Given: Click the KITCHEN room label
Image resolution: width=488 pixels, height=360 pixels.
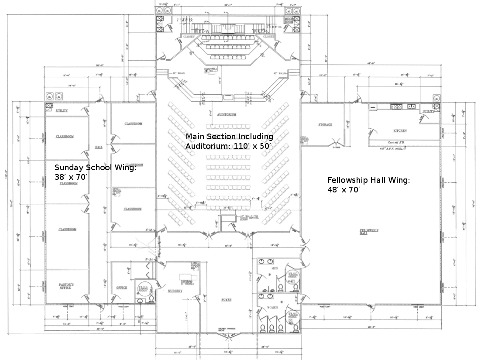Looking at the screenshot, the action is [400, 130].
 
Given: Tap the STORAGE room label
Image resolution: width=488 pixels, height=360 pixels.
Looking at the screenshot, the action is [325, 125].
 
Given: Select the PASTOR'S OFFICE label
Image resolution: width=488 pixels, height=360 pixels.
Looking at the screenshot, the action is [66, 286].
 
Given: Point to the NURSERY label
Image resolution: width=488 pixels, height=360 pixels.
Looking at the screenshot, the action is [175, 291].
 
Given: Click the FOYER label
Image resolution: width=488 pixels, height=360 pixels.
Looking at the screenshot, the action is [226, 300].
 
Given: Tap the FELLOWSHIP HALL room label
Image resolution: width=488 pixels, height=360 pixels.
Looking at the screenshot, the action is [369, 231].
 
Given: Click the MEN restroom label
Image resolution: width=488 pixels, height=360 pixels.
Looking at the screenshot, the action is [275, 268].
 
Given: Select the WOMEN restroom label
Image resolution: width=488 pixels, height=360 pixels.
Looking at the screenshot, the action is [273, 308].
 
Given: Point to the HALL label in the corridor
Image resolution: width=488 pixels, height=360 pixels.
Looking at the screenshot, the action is [99, 147].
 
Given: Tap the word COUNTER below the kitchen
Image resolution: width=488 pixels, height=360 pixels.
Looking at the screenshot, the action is [396, 143].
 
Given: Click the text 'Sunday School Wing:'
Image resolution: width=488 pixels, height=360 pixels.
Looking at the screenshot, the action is [95, 167].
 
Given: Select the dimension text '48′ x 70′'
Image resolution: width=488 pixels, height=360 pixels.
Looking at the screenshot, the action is [344, 189].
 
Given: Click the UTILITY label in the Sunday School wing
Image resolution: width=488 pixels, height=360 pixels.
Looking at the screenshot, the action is [62, 110].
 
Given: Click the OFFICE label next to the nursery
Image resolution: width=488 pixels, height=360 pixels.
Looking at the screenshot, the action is [121, 288].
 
